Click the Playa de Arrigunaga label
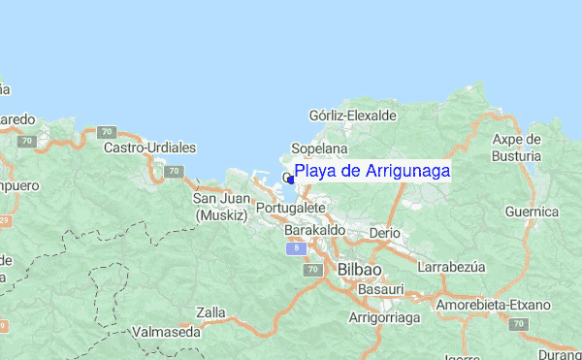pyautogui.click(x=372, y=171)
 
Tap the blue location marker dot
pyautogui.click(x=291, y=179)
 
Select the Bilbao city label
pyautogui.click(x=359, y=269)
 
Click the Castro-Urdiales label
pyautogui.click(x=150, y=148)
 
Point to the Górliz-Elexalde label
pyautogui.click(x=352, y=115)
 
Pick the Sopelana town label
pyautogui.click(x=320, y=149)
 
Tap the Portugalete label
pyautogui.click(x=290, y=209)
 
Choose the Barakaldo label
pyautogui.click(x=315, y=230)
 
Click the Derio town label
pyautogui.click(x=385, y=234)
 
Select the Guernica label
pyautogui.click(x=533, y=212)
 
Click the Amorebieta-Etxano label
pyautogui.click(x=493, y=305)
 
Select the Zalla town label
pyautogui.click(x=210, y=313)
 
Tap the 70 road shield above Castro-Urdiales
pyautogui.click(x=107, y=131)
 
